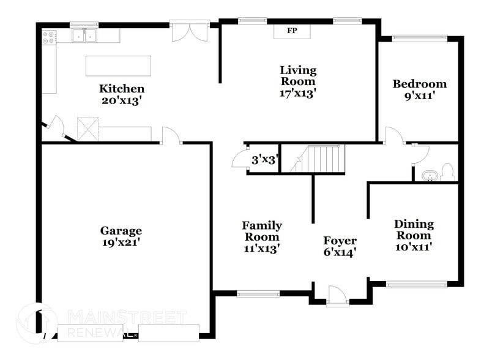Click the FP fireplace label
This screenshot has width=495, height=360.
coord(292,31)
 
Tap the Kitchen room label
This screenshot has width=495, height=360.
coord(122,89)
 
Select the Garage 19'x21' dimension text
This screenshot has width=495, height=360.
coord(121,242)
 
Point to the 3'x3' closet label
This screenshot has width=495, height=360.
coord(265,161)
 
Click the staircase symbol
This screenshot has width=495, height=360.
coord(318,159)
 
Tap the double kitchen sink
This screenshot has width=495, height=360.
coord(84,36)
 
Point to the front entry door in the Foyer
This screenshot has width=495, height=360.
coord(337,296)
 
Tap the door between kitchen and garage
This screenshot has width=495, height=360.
coord(171,136)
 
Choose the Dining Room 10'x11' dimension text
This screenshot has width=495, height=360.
coord(413,247)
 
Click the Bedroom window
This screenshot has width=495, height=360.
coord(419,38)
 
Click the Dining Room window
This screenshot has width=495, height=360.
coord(417,284)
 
